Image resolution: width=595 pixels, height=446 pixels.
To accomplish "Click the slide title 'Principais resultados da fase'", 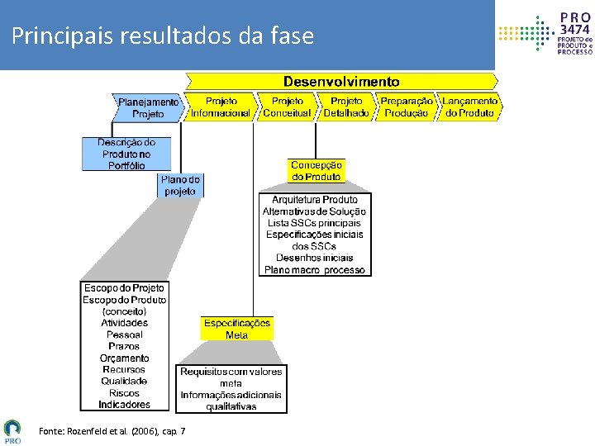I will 163,36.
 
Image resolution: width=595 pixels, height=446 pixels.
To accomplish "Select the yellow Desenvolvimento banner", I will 341,81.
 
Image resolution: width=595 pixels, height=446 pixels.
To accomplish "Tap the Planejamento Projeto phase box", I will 148,107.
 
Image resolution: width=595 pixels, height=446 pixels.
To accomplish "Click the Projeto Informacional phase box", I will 220,107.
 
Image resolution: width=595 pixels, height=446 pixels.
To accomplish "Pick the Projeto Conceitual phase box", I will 286,107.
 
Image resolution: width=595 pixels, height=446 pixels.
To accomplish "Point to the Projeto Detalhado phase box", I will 346,107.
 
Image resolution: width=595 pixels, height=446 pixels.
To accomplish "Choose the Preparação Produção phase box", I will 407,107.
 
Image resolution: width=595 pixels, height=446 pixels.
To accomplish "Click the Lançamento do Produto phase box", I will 470,107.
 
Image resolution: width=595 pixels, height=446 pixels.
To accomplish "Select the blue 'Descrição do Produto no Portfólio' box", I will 126,154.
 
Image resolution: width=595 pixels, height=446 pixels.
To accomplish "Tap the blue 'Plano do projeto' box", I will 180,185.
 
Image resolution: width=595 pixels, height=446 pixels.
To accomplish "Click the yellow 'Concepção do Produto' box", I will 316,171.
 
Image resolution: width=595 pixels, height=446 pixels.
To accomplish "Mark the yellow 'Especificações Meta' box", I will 237,329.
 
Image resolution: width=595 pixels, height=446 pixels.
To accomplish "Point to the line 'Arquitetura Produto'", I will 315,200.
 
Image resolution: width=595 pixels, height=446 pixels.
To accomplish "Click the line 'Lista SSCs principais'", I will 315,223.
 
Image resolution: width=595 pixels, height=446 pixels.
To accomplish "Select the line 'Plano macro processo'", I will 315,270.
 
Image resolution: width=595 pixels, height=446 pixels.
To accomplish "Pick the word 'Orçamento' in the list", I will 125,358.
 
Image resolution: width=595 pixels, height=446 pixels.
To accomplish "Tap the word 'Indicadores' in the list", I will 125,405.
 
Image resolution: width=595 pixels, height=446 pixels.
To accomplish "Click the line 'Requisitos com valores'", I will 231,372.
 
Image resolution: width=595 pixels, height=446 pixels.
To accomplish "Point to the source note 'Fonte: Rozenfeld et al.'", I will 112,431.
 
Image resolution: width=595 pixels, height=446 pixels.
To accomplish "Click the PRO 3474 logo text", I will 575,34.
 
